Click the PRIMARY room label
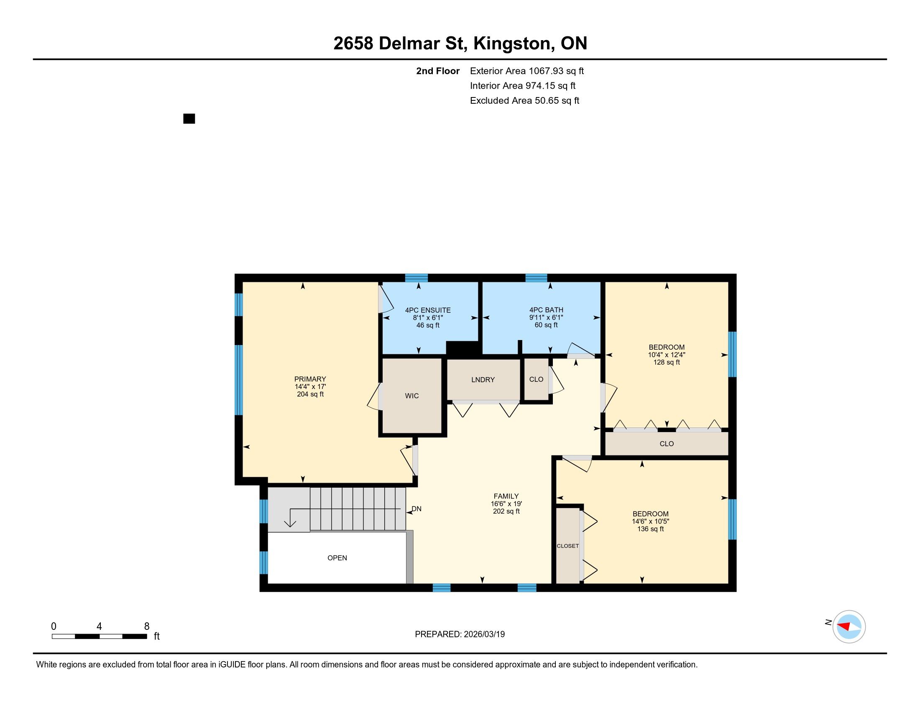point(310,379)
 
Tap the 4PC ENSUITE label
point(427,310)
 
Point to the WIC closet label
point(412,396)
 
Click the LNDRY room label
point(483,380)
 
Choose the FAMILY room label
point(506,496)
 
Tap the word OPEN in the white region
point(337,558)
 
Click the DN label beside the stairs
point(417,509)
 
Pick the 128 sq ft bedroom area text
point(667,362)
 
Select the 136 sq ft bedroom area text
point(650,529)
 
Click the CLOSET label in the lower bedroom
point(568,546)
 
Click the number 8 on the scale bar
point(147,627)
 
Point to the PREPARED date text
point(460,634)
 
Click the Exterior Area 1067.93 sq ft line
point(527,71)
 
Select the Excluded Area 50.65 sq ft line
point(525,101)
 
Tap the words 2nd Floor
point(438,71)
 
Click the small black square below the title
point(189,119)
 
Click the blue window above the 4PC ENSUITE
point(417,278)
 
